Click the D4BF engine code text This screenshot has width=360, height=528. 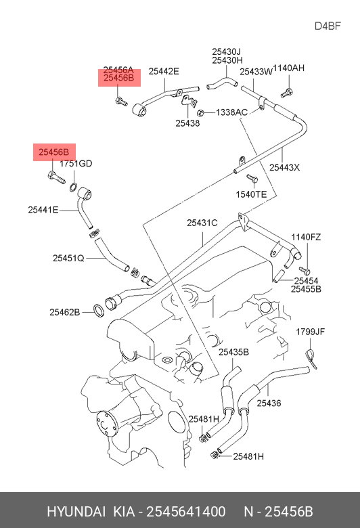328,26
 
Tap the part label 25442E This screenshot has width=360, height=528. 164,71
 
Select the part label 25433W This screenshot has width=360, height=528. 256,72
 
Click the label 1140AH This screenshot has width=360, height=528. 288,68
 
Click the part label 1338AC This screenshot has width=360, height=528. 231,112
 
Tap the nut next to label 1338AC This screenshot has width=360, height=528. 200,112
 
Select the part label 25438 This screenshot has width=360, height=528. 187,123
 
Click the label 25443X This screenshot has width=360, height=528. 285,167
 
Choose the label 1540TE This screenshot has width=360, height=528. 251,194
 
